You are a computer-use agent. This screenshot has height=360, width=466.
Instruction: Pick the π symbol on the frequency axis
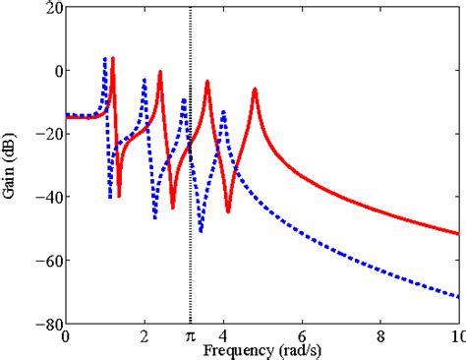[190, 337]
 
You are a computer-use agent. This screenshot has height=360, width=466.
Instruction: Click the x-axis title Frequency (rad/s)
[258, 349]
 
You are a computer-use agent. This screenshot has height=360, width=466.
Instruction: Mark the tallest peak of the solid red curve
[112, 58]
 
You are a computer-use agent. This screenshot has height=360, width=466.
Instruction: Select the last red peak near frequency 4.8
[255, 90]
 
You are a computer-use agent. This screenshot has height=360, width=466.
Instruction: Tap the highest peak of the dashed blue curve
[105, 59]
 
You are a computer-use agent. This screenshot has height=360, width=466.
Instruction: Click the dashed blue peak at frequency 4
[223, 111]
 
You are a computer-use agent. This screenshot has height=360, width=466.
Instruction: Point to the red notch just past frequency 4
[228, 211]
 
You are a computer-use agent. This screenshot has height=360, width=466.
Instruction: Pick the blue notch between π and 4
[201, 231]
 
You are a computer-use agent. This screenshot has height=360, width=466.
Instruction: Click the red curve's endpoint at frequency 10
[458, 234]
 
